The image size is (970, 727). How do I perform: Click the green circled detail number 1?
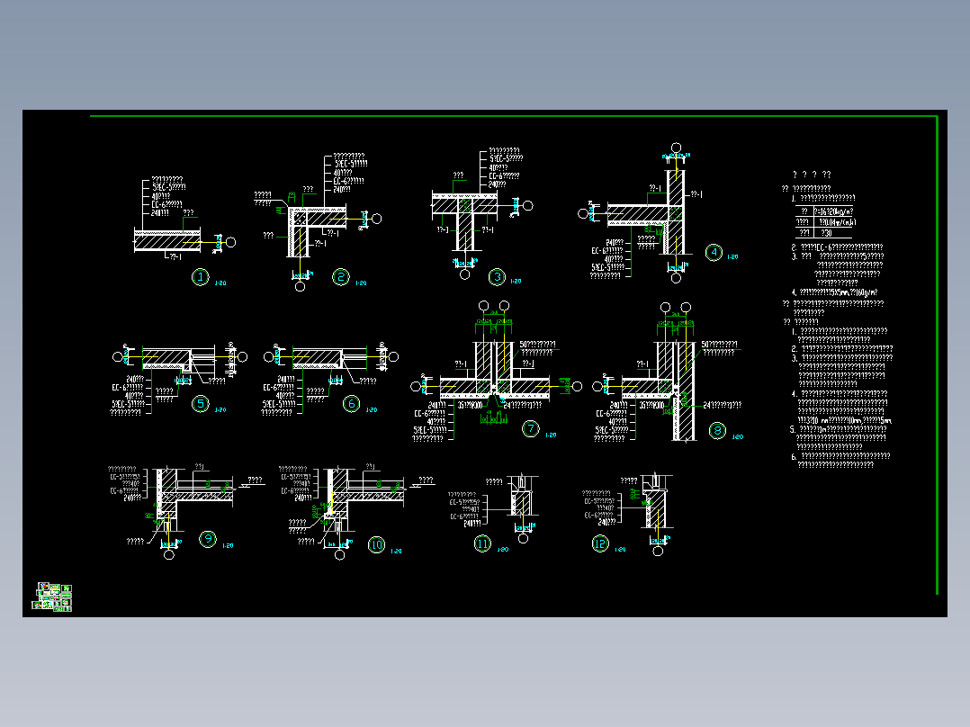(x=200, y=277)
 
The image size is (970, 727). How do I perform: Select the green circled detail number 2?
(x=340, y=277)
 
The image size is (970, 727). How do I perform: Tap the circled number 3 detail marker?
(x=496, y=277)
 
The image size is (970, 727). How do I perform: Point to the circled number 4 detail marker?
(x=714, y=252)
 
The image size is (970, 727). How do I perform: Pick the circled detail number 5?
(x=200, y=404)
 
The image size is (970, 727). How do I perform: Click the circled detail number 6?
(x=352, y=404)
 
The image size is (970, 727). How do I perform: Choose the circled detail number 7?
(x=531, y=429)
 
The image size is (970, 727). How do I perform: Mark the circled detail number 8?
(x=718, y=430)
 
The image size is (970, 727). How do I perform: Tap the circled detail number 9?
(x=208, y=540)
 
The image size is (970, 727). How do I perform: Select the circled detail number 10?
(x=376, y=544)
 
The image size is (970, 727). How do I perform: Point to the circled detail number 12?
(x=600, y=543)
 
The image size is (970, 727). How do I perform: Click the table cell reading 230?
(x=827, y=232)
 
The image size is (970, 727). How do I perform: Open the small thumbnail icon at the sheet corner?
(x=53, y=597)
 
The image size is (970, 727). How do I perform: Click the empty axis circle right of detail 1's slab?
(x=231, y=242)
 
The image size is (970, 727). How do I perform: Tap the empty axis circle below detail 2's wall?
(x=301, y=287)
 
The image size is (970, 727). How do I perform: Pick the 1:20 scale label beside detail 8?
(x=737, y=437)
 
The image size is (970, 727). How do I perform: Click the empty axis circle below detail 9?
(x=169, y=554)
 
